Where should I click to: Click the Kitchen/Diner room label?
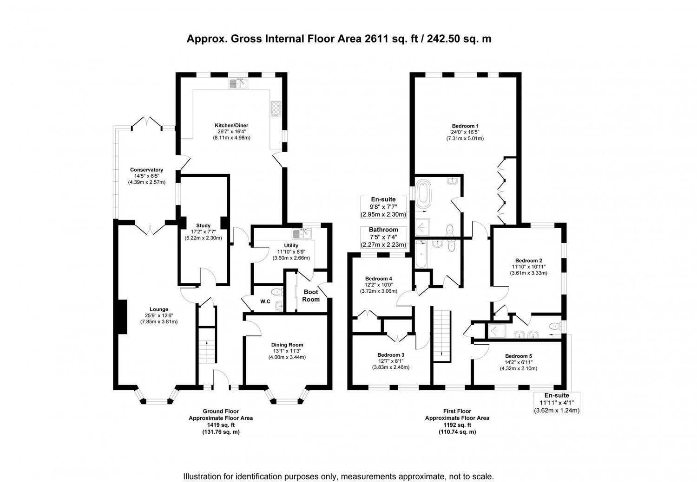coord(231,125)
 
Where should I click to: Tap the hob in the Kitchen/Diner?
coord(276,109)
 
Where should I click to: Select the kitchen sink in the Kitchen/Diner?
coord(239,84)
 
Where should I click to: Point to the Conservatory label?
coord(146,170)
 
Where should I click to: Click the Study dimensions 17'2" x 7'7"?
coord(203,231)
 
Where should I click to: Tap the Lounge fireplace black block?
coord(122,316)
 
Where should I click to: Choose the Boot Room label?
coord(311,296)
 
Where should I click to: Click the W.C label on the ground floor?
coord(265,302)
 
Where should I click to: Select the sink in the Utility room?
coord(301,234)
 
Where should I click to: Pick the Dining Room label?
coord(287,345)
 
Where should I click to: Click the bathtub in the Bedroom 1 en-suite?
coord(423,195)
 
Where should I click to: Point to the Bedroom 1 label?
coord(465,126)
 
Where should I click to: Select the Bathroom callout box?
coord(383,237)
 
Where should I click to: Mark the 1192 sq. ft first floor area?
coord(457,425)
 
